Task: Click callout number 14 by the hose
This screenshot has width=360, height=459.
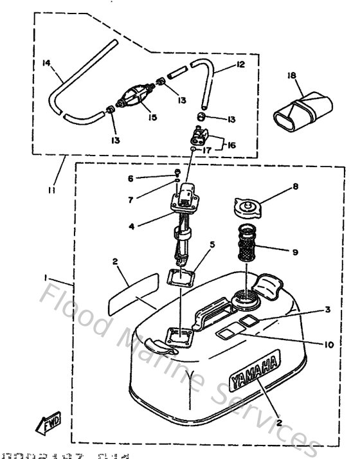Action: [x=46, y=63]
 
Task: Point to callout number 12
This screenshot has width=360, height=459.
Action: [x=240, y=65]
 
